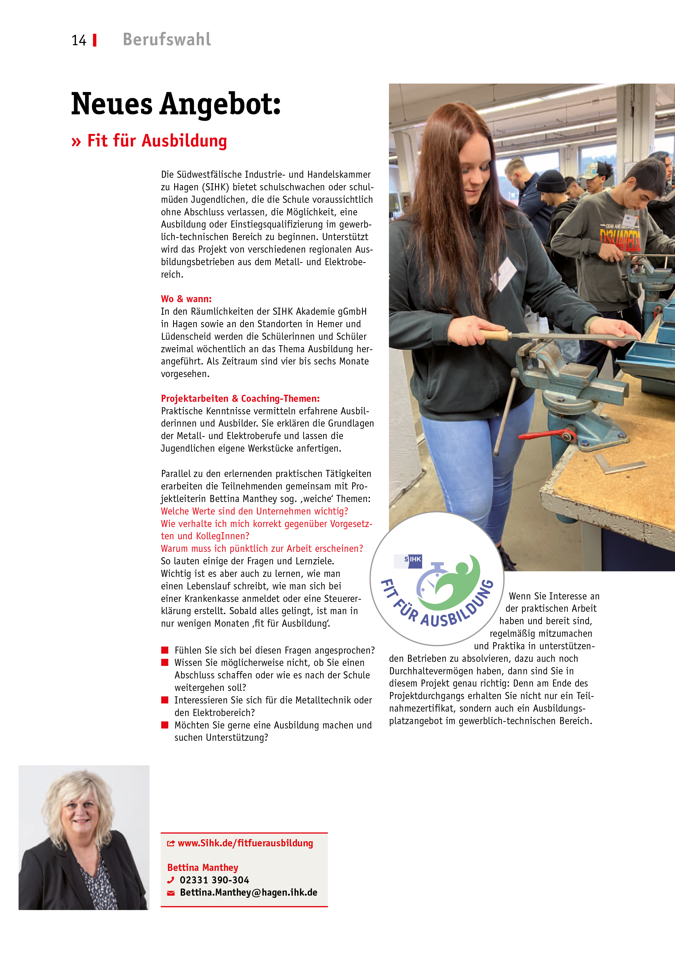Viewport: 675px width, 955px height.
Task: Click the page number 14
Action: (79, 40)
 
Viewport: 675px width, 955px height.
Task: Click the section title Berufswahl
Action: (167, 39)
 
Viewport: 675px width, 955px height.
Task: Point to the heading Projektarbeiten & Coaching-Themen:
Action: (240, 399)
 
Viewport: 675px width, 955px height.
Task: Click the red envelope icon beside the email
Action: (170, 893)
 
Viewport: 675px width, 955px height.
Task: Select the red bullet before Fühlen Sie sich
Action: (165, 650)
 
